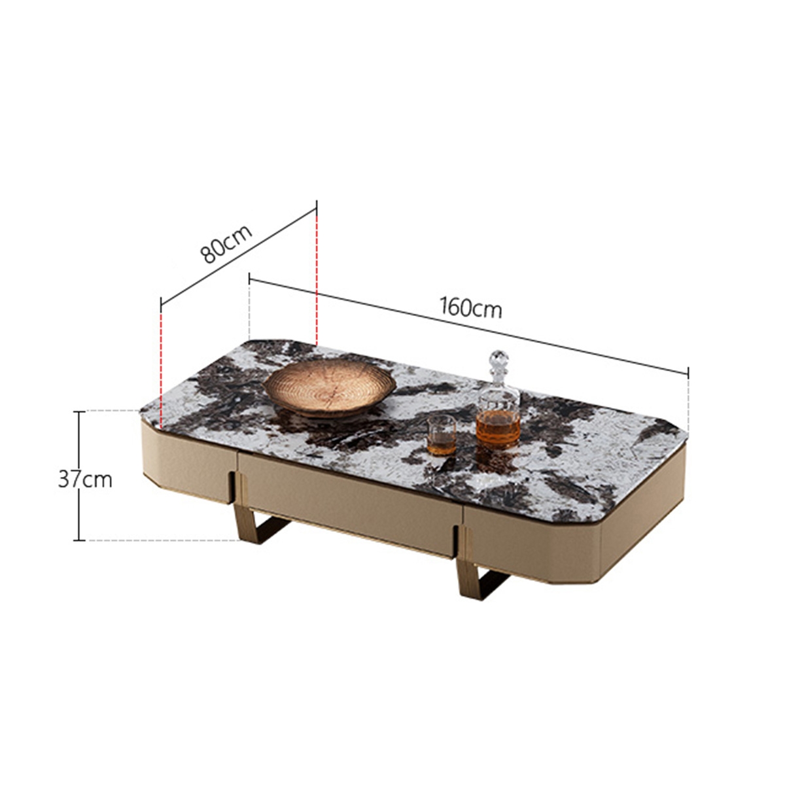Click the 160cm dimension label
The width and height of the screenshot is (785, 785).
(x=471, y=307)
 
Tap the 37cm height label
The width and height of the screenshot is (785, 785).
(x=85, y=480)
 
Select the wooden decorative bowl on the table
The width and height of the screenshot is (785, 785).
(x=330, y=389)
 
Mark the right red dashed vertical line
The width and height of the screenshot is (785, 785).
(x=317, y=275)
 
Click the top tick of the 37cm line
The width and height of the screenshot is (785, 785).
(x=79, y=411)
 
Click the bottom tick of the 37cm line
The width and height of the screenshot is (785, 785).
(x=79, y=540)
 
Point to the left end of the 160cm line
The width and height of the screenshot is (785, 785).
(x=249, y=281)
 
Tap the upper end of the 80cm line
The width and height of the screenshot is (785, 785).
(x=317, y=208)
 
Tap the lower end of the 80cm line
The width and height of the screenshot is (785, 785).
(x=161, y=304)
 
